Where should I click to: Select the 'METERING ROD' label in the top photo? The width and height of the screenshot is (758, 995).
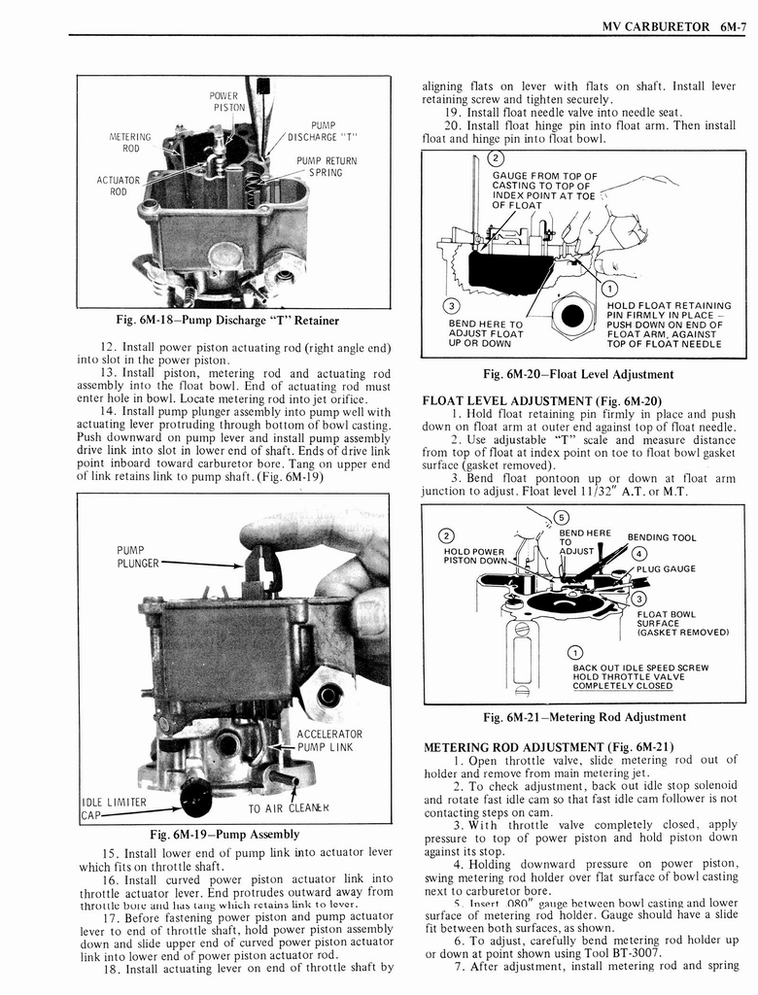point(129,143)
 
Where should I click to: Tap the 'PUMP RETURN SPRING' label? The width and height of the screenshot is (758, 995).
point(326,166)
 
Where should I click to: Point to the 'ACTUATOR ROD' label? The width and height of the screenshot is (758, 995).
point(118,185)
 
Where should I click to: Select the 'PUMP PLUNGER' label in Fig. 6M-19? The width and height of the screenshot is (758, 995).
point(136,557)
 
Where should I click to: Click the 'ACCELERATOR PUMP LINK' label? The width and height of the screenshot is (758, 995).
point(328,739)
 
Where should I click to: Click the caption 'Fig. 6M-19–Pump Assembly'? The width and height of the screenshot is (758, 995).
point(224,834)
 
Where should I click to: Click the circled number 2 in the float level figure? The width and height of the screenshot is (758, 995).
point(495,158)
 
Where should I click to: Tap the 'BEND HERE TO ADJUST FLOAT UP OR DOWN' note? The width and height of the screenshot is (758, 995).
point(485,333)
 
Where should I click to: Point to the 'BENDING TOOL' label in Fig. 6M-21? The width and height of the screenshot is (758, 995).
point(661,537)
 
